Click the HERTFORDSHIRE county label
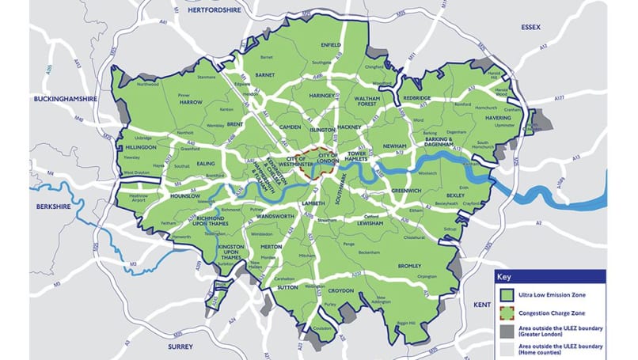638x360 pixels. pos(214,11)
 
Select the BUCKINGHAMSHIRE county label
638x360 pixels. pos(65,99)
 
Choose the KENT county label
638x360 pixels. pos(483,304)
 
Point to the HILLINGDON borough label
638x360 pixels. pos(141,147)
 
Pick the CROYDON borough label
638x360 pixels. pos(341,290)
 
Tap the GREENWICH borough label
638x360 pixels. pos(405,190)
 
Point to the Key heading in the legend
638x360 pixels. pos(505,277)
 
